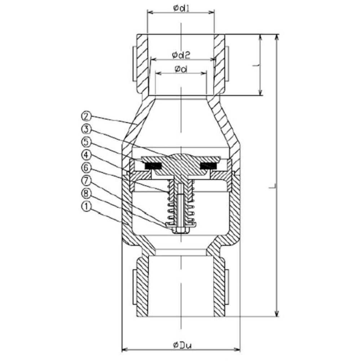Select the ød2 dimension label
(x=181, y=55)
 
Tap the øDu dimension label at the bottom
(x=182, y=345)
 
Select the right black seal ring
(x=208, y=166)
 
